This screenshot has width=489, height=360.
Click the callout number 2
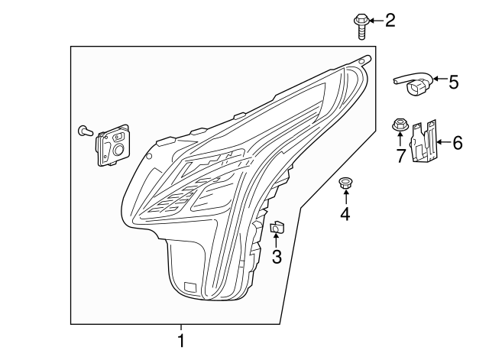pos(390,20)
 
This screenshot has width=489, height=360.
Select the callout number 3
pos(277,258)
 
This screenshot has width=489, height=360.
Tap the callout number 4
pos(345,215)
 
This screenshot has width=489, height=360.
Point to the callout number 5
pos(453,81)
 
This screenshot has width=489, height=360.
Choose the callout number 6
pos(458,142)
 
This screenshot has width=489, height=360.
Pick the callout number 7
pos(400,157)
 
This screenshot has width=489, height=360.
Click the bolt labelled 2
pos(361,24)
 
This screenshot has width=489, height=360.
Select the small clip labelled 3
pos(277,225)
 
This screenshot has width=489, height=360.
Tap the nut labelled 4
pos(345,183)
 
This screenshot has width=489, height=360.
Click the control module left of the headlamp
pos(112,145)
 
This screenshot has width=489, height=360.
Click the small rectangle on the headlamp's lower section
pos(189,289)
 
